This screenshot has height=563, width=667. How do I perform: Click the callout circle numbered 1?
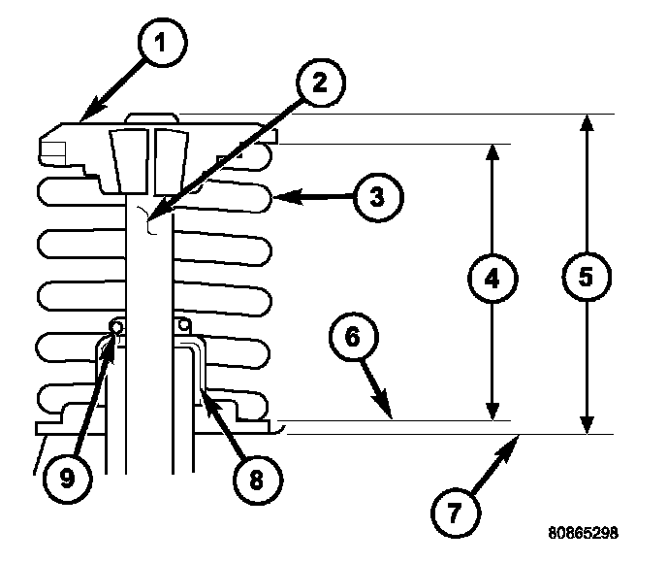coord(161,45)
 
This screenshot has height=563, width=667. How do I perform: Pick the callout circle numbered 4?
coord(492,279)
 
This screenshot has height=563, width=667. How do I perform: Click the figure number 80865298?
coord(582,534)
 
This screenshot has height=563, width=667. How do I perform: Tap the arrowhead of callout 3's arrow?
coord(277,197)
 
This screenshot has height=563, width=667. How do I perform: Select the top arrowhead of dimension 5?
coord(586,118)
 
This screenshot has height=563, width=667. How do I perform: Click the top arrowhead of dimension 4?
coord(492,149)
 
